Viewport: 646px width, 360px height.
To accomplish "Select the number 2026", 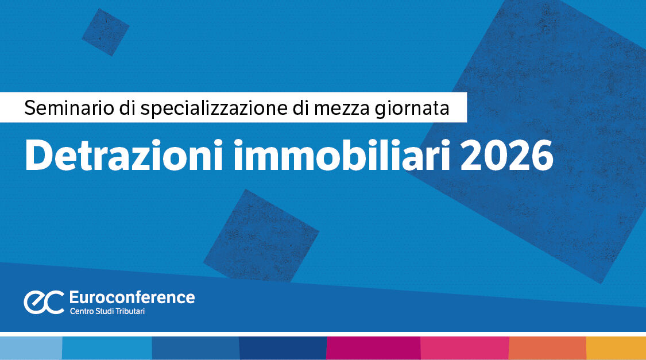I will coord(507,155).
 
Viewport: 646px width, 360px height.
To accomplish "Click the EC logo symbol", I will coord(44,302).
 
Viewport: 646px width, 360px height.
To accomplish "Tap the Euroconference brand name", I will coord(131,297).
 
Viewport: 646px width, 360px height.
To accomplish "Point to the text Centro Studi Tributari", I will coord(107,311).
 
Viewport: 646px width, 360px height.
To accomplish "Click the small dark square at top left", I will coord(105,32).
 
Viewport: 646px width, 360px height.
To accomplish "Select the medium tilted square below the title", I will coord(261,235).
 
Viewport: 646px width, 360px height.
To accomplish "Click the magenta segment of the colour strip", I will coord(373,348).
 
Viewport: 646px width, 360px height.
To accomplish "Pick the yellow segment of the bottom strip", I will coord(616,348).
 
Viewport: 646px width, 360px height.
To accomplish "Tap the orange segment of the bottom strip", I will coord(547,348).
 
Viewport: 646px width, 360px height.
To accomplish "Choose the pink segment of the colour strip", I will coord(465,348).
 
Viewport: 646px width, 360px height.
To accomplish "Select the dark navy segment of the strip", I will coord(283,348).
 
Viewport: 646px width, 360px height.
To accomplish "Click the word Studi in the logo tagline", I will coord(107,311).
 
